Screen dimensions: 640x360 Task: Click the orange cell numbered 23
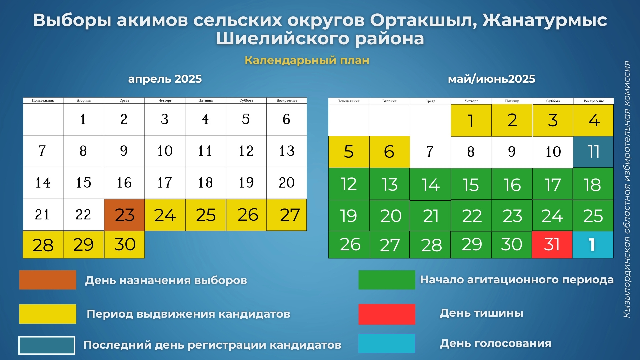124,215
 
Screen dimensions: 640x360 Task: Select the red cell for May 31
552,245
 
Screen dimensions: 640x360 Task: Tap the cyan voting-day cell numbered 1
593,245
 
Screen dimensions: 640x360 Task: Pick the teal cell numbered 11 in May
593,152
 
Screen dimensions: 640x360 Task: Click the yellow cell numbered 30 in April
124,245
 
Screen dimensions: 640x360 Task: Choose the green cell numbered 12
349,184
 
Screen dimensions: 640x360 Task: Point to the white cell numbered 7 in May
430,152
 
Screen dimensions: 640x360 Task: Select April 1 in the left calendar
83,119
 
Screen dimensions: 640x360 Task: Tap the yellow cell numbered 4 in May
593,120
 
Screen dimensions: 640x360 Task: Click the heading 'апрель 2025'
165,79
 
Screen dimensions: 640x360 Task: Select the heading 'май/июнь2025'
491,79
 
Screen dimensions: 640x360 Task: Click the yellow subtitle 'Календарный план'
307,60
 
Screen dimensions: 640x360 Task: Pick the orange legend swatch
48,280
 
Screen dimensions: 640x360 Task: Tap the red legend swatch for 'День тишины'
387,314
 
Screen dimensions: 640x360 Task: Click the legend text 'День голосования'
496,343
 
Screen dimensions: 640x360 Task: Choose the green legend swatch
387,280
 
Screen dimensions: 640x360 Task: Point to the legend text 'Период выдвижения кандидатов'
188,314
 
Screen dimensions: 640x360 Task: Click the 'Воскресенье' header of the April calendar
287,100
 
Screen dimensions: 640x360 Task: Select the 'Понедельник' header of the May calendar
349,101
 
